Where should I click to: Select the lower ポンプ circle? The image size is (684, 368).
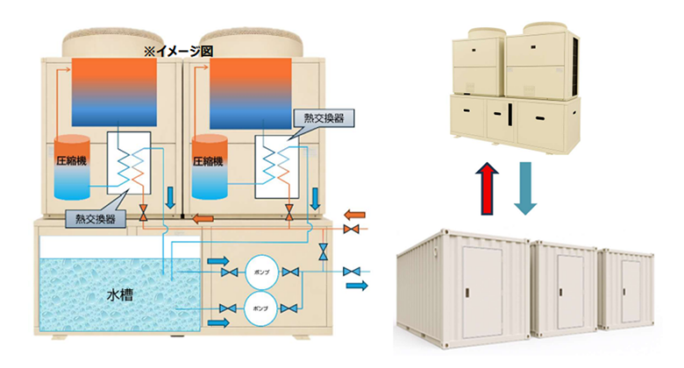(x=260, y=306)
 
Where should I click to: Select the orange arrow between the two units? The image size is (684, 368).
(x=203, y=218)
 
